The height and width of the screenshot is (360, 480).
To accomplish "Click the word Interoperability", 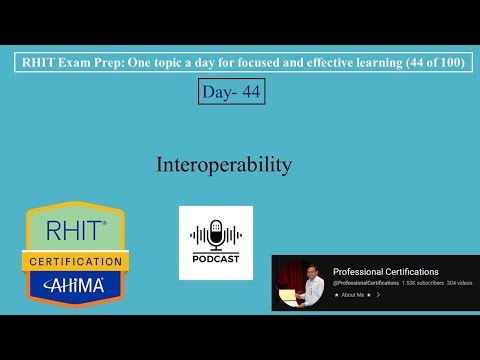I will pos(223,164).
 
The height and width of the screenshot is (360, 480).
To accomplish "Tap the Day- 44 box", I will pos(231,92).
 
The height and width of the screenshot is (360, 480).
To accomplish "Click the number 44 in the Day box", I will pos(249,92).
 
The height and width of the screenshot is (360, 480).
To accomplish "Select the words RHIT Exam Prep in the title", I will pos(67,62).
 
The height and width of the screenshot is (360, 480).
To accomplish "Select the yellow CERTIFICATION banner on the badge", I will pos(76,261).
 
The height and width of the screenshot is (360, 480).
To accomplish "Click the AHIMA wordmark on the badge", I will pos(76,285).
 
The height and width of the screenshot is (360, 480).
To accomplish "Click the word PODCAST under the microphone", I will pos(216,260).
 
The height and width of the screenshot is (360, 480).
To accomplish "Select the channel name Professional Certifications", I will pos(385,272).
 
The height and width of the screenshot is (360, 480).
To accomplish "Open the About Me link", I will pos(354,295).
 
